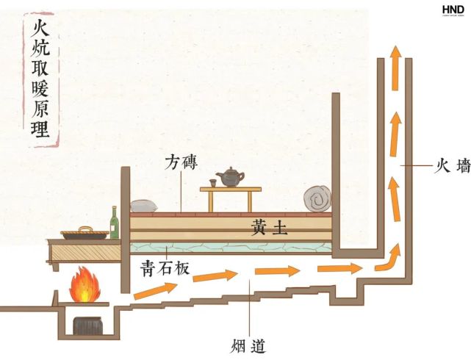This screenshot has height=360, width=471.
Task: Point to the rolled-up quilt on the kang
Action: [x=317, y=199]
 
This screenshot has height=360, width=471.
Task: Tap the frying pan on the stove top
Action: [x=85, y=234]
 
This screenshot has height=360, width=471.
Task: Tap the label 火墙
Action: [x=451, y=167]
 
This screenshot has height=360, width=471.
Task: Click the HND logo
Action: [x=453, y=10]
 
